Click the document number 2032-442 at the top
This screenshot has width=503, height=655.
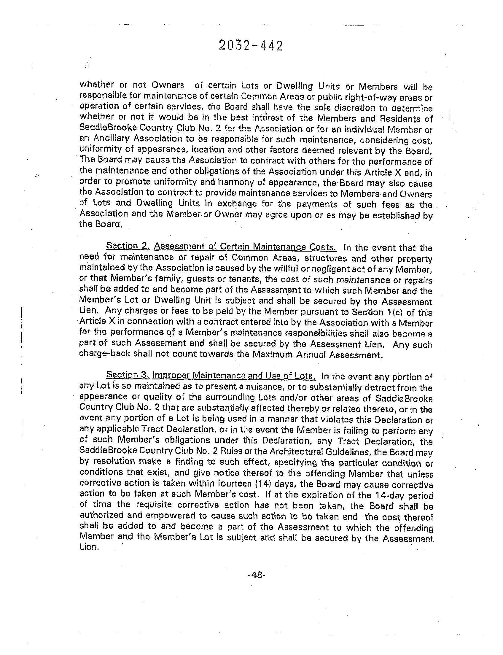click(x=251, y=46)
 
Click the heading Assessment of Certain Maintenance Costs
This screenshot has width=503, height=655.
click(x=245, y=247)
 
